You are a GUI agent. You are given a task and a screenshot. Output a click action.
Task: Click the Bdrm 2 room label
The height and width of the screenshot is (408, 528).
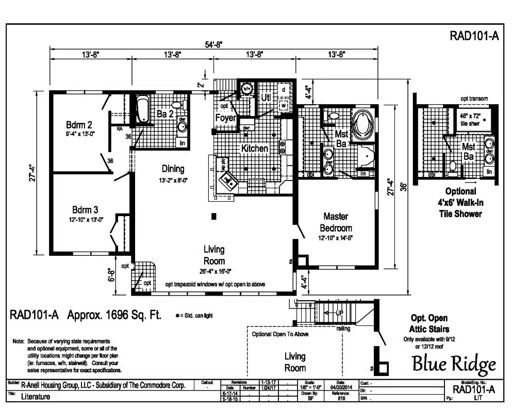(78, 125)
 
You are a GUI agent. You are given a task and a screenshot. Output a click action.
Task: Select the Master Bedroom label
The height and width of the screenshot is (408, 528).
(336, 221)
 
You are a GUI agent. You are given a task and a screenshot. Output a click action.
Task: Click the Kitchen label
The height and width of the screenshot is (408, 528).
(255, 149)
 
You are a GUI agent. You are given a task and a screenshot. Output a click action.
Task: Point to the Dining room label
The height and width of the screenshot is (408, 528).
(173, 169)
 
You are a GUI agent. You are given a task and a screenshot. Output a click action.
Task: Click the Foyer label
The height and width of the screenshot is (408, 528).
(225, 118)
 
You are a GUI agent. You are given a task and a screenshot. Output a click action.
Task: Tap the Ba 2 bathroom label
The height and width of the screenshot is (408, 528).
(164, 114)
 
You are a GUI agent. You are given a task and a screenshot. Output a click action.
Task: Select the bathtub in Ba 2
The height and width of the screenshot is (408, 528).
(142, 110)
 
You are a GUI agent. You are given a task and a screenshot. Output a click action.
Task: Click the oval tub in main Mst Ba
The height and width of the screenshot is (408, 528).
(364, 124)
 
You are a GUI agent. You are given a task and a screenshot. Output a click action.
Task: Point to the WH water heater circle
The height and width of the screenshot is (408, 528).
(246, 88)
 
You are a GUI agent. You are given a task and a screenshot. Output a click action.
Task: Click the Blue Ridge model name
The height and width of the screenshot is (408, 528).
(454, 364)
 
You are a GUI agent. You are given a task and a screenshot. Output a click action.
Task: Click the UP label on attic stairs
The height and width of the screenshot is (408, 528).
(340, 313)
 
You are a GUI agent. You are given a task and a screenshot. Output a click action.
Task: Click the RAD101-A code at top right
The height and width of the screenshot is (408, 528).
(474, 36)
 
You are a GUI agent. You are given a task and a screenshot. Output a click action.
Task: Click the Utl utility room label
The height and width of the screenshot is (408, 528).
(266, 97)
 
